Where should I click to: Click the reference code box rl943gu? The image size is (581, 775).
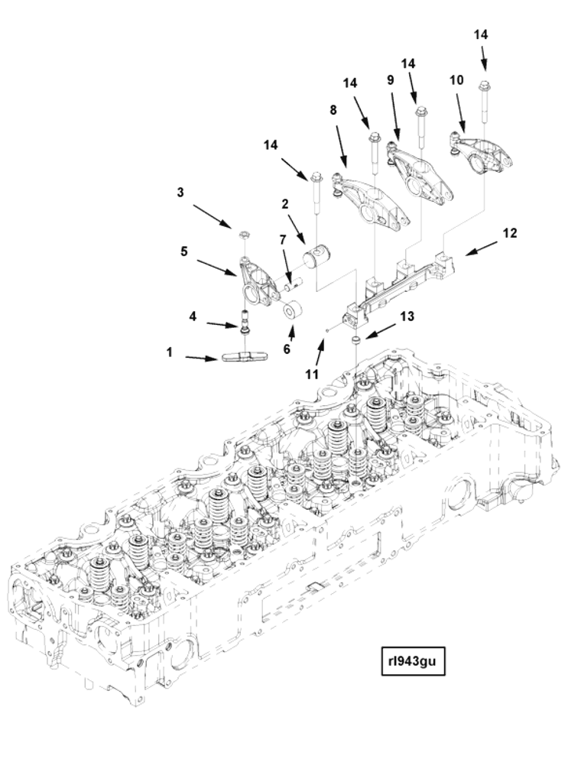(414, 661)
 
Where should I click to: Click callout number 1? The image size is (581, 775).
(170, 352)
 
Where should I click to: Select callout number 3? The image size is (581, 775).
(180, 193)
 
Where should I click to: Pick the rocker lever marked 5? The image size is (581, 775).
(256, 282)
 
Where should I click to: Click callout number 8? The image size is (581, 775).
(333, 110)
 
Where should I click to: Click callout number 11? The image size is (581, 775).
(312, 375)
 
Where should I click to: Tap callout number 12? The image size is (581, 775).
(510, 233)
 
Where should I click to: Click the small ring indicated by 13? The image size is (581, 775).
(355, 340)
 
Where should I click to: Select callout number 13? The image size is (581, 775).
(407, 316)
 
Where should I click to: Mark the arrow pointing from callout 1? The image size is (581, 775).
(202, 358)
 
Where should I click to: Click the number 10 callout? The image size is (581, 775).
(456, 80)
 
